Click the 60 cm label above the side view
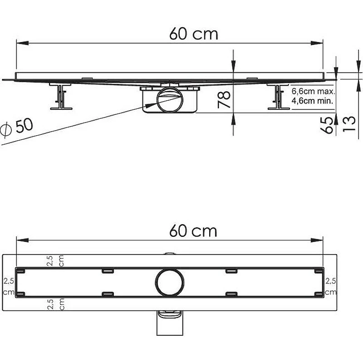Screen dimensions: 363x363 pos(194,34)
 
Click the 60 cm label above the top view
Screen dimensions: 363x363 pos(193,231)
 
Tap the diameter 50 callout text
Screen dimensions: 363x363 pos(17,128)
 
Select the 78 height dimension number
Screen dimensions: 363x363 pos(224,100)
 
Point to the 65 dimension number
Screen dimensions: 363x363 pos(328,125)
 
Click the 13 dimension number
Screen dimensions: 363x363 pos(349,124)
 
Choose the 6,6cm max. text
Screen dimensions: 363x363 pos(313,92)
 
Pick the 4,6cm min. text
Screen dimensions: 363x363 pos(312,101)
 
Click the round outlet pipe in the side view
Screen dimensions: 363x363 pos(170,100)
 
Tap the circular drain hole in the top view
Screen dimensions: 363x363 pos(170,282)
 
